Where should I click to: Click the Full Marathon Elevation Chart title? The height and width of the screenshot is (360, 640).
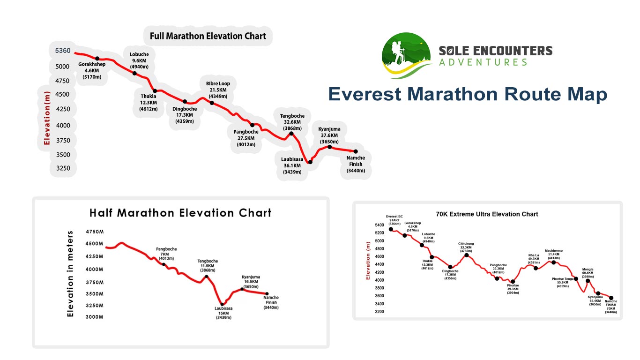pyautogui.click(x=208, y=36)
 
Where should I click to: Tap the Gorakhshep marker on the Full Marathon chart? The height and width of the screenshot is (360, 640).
pyautogui.click(x=97, y=58)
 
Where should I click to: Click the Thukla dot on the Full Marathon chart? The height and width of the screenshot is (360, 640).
pyautogui.click(x=155, y=91)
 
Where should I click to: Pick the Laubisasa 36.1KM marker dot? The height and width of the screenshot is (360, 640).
pyautogui.click(x=310, y=162)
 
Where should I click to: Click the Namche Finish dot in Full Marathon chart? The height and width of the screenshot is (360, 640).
pyautogui.click(x=355, y=151)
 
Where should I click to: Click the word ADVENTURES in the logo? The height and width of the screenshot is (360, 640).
pyautogui.click(x=483, y=62)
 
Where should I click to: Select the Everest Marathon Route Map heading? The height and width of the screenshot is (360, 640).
pyautogui.click(x=468, y=94)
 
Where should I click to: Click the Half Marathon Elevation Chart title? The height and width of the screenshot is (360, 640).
pyautogui.click(x=180, y=213)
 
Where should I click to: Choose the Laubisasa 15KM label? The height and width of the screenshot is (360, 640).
pyautogui.click(x=223, y=313)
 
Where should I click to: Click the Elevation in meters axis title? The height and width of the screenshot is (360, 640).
pyautogui.click(x=71, y=274)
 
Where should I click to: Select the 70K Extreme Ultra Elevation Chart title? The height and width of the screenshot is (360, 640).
pyautogui.click(x=487, y=214)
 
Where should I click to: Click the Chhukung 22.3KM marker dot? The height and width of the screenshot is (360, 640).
pyautogui.click(x=466, y=255)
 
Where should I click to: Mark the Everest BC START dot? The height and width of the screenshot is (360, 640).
pyautogui.click(x=391, y=229)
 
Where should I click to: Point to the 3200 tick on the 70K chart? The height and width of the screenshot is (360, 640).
pyautogui.click(x=379, y=311)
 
